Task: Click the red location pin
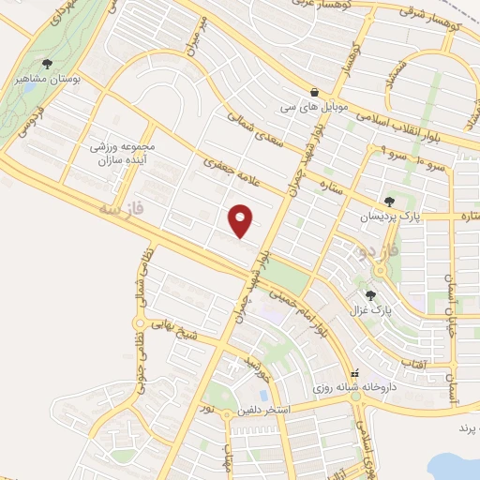tap(242, 220)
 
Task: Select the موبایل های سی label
tap(311, 109)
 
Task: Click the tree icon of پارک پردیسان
tap(390, 202)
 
